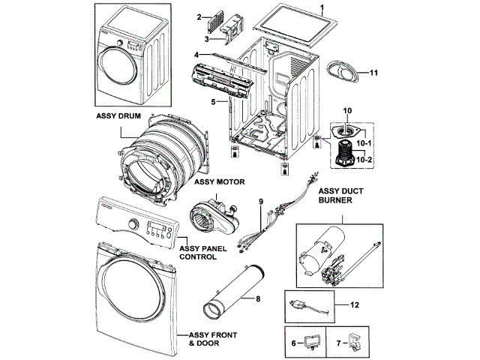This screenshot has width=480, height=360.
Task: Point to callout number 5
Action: (214, 101)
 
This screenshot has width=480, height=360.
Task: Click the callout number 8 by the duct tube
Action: (258, 300)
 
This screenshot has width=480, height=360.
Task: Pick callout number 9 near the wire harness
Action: (262, 202)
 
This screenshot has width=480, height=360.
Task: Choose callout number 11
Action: (373, 73)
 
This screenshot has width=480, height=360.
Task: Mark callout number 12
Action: (355, 305)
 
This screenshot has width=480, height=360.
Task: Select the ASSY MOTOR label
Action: (215, 181)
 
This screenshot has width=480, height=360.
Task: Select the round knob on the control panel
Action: (133, 224)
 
